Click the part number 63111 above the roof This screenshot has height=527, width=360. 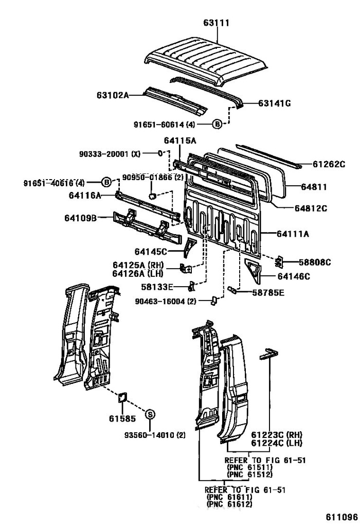[x=216, y=23]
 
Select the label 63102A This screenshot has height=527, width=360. [x=112, y=95]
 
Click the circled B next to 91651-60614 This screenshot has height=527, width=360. [x=218, y=124]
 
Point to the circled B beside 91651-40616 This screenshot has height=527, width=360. [x=106, y=182]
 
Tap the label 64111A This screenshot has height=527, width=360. [x=293, y=234]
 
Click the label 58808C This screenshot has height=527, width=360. [x=313, y=262]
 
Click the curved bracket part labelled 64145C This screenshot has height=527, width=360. [x=191, y=247]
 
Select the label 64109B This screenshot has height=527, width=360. [x=81, y=217]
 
